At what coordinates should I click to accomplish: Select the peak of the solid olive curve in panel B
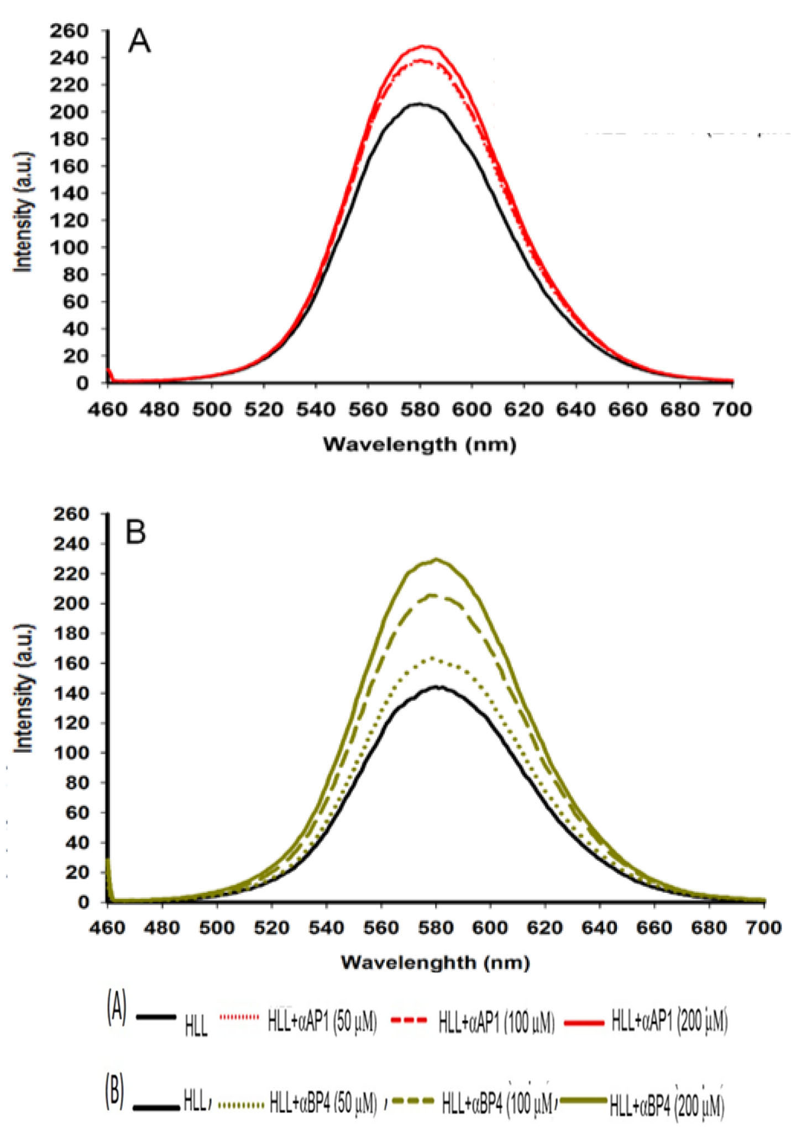pos(437,559)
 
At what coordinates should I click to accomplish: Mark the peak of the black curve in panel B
pos(437,686)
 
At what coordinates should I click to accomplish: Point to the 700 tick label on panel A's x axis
pos(733,409)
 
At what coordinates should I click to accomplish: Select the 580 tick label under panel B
pos(436,928)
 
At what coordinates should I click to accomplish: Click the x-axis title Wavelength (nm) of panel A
pos(420,444)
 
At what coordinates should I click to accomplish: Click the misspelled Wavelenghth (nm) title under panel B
pos(435,962)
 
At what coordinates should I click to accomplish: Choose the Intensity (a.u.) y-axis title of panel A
pos(24,211)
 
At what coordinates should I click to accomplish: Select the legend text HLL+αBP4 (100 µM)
pos(497,1104)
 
